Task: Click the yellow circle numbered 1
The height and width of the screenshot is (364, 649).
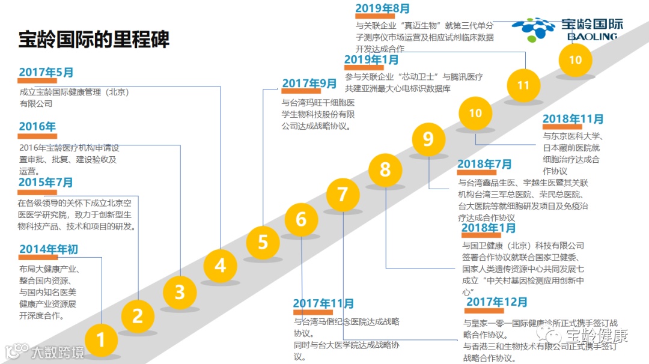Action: point(101,340)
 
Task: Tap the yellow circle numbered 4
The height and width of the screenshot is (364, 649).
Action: point(221,265)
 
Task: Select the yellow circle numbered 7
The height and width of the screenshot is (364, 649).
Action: point(343,194)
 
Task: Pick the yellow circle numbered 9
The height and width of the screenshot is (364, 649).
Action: point(428,139)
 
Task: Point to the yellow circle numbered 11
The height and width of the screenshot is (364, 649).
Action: point(523,85)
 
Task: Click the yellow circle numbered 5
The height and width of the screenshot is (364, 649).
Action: point(263,242)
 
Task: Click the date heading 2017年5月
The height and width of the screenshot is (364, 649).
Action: point(46,72)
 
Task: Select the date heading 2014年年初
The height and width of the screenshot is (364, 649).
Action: point(49,249)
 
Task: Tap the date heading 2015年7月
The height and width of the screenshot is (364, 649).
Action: point(46,182)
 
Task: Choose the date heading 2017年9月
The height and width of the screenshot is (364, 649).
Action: point(309,83)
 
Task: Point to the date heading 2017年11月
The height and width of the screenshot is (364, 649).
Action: point(323,304)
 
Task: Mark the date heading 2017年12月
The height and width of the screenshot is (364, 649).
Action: point(496,302)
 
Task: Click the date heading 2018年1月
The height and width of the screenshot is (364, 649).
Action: point(489,228)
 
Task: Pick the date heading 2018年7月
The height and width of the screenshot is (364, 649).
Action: point(484,164)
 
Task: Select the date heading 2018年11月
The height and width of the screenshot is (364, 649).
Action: point(573,120)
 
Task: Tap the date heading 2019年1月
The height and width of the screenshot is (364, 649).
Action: point(371,59)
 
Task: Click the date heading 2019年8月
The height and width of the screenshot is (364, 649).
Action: point(383,8)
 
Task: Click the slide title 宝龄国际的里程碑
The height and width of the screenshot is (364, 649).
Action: point(94,39)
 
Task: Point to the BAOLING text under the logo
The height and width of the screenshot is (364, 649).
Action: point(592,37)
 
